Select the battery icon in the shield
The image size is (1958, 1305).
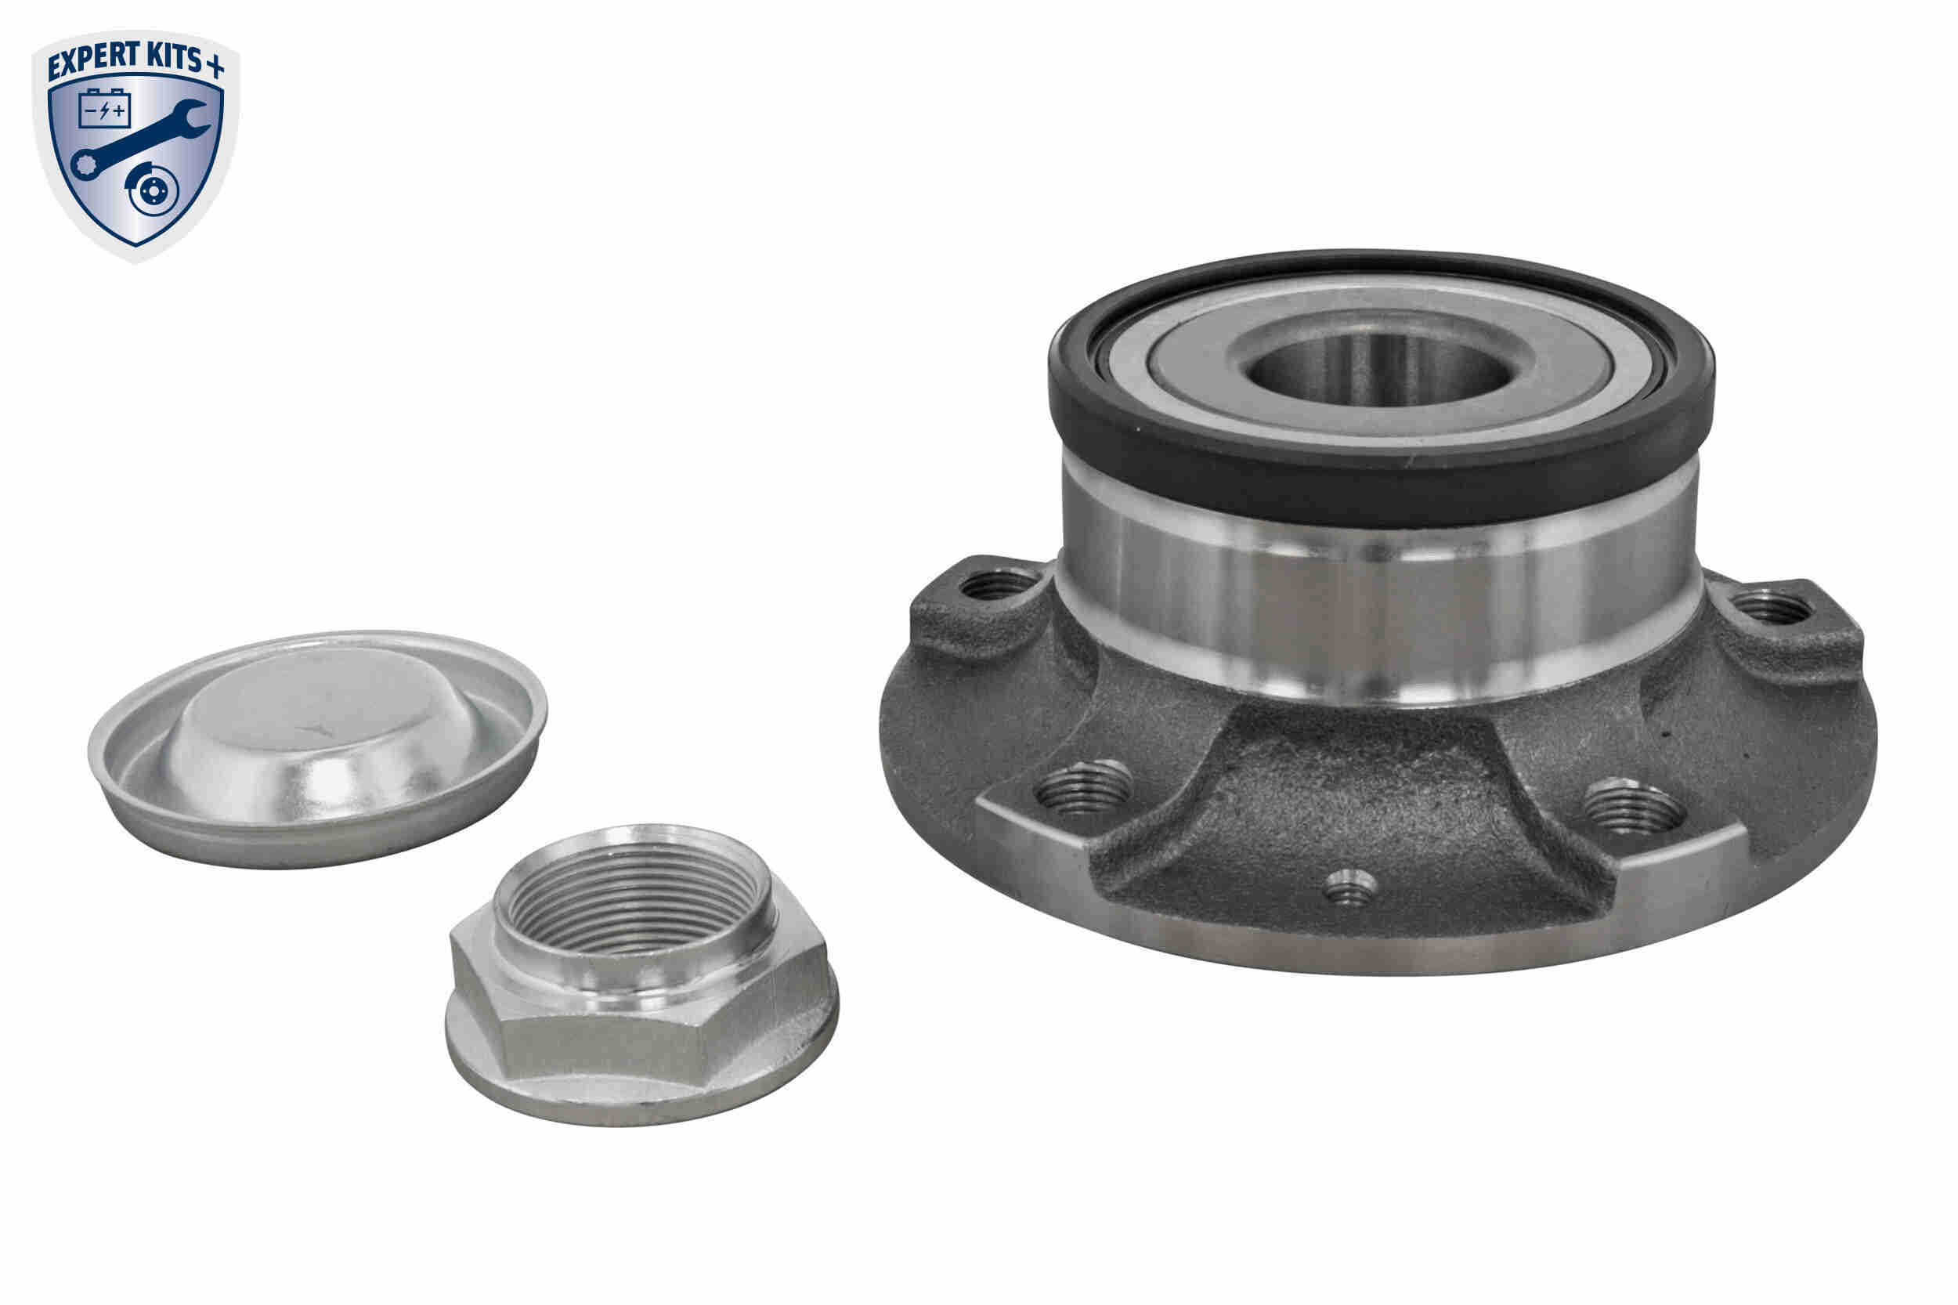tap(104, 109)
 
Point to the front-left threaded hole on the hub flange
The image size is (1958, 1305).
tap(1082, 788)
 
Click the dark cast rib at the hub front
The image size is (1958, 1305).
tap(1348, 799)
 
